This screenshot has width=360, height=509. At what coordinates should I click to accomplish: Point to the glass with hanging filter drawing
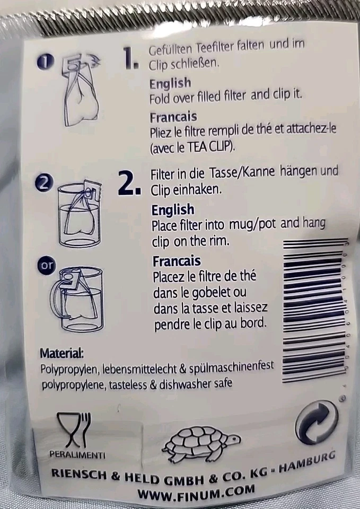pos(80,215)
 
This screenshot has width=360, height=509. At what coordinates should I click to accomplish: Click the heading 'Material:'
pos(62,353)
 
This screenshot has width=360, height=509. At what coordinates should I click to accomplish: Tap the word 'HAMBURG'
pos(308,462)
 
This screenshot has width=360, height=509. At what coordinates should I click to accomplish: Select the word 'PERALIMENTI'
pos(77,455)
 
